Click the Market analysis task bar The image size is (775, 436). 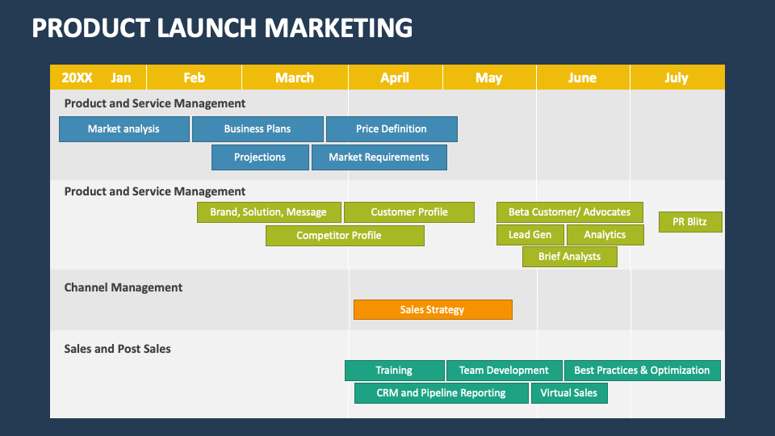click(x=124, y=129)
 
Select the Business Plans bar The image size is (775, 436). click(x=258, y=129)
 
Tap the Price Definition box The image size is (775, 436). click(x=392, y=129)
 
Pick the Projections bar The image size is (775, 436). click(x=260, y=157)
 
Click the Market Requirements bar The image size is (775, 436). click(x=379, y=157)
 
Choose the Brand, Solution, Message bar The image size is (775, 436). click(x=269, y=212)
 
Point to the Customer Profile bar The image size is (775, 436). click(x=409, y=212)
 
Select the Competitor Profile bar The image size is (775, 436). click(x=345, y=236)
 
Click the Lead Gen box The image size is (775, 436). click(x=530, y=235)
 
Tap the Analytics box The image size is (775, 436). click(x=605, y=235)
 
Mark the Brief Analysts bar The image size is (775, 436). click(x=569, y=257)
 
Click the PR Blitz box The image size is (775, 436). click(x=690, y=222)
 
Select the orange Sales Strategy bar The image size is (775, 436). click(x=433, y=309)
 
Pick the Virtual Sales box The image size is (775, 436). click(x=569, y=393)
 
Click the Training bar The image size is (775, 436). click(x=395, y=371)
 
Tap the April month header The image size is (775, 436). click(x=395, y=78)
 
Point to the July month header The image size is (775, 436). click(x=677, y=78)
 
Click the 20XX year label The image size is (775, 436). click(x=77, y=78)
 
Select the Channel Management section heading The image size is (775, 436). click(x=123, y=287)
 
